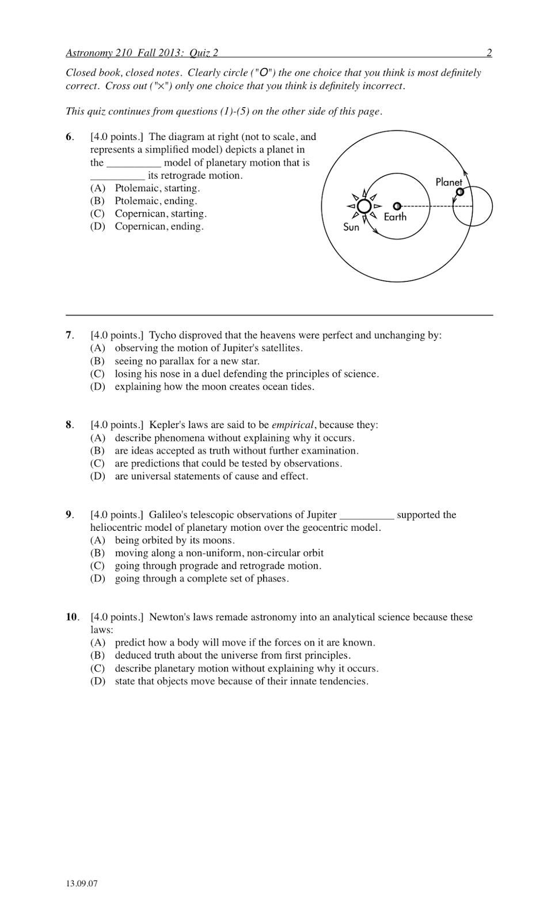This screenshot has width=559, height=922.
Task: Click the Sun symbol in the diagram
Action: [364, 206]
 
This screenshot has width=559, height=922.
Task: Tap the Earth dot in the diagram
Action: [397, 206]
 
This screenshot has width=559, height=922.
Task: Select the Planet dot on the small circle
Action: [459, 192]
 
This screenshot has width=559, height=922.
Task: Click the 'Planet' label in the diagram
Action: [448, 182]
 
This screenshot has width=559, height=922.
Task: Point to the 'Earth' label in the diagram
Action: [395, 217]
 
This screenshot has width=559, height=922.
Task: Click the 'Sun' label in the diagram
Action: [351, 227]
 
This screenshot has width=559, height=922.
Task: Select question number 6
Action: [69, 137]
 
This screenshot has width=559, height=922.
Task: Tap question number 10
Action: [71, 617]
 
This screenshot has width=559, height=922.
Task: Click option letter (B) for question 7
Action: [97, 361]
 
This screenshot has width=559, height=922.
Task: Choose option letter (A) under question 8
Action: [97, 438]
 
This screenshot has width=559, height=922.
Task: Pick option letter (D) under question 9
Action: [97, 579]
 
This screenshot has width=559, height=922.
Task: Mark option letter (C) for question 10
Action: [97, 668]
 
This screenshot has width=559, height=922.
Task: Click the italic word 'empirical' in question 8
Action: [292, 425]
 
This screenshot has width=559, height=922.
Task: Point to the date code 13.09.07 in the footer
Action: [82, 884]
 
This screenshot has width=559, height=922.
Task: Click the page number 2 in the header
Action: [489, 54]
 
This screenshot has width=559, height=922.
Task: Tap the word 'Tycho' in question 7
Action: [162, 335]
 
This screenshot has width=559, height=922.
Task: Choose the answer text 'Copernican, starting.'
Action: [161, 214]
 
